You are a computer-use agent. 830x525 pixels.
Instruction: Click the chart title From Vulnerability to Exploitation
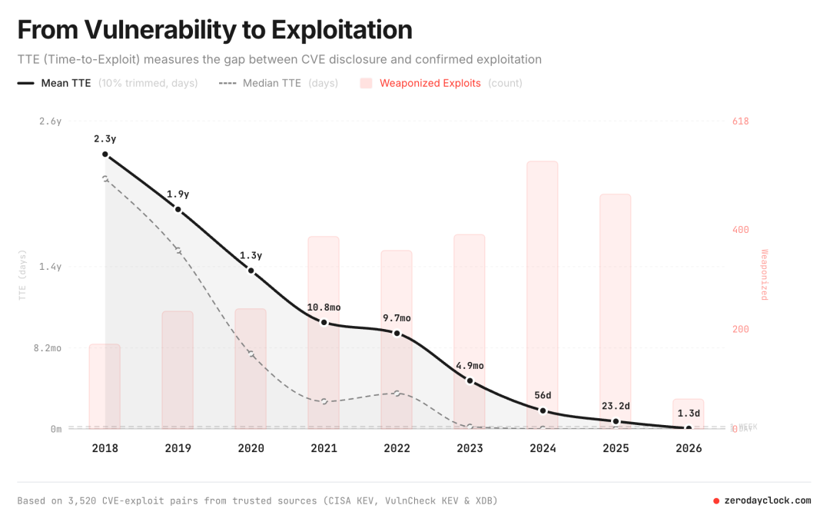click(214, 30)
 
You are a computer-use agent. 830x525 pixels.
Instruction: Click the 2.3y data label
click(105, 139)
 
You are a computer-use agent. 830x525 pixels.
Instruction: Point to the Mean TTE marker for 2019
click(178, 209)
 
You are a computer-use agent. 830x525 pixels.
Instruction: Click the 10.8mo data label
click(324, 307)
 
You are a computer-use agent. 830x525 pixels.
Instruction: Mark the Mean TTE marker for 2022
click(397, 333)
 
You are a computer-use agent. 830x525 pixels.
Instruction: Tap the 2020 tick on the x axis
click(251, 448)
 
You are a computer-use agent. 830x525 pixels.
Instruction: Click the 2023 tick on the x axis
click(470, 448)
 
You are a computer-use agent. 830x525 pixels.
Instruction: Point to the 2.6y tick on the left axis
click(51, 121)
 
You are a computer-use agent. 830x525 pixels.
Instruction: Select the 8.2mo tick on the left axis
click(45, 348)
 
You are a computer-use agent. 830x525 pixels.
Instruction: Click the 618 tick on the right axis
click(740, 121)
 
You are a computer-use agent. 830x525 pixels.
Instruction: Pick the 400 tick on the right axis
click(740, 230)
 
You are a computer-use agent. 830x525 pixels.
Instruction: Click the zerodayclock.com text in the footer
click(767, 500)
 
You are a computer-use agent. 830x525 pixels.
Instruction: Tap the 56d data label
click(543, 395)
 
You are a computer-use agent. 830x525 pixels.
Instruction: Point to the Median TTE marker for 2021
click(324, 401)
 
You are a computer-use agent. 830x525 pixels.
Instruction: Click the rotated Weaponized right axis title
click(764, 274)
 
